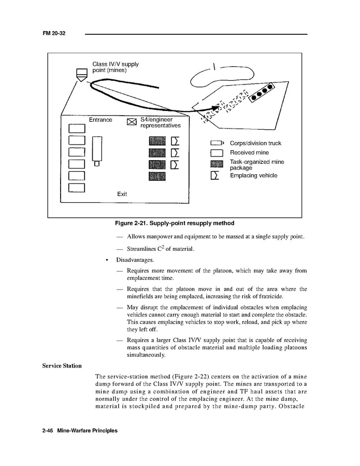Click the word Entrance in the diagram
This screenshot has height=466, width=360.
point(100,120)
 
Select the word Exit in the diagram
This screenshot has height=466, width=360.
point(122,194)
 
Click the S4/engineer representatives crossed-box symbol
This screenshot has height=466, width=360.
point(132,122)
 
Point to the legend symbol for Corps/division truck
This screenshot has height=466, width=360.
point(217,143)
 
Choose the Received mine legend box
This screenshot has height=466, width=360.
point(217,153)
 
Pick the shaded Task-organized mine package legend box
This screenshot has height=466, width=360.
point(217,164)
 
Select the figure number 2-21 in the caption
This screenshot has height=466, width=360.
point(143,223)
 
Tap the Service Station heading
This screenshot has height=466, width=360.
point(62,366)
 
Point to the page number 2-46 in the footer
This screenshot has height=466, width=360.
point(49,431)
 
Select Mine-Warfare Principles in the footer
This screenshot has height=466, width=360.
point(88,431)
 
